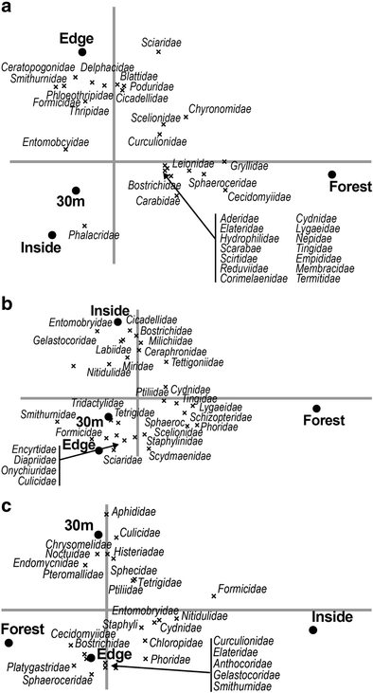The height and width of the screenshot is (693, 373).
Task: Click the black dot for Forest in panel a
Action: tap(332, 173)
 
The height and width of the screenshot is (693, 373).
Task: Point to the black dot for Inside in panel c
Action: tap(312, 629)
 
